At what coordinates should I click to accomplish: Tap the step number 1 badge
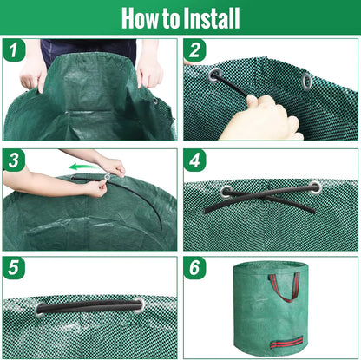14,50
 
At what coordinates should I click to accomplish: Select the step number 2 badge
196,50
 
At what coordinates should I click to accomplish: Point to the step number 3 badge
14,160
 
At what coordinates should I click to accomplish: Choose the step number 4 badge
196,160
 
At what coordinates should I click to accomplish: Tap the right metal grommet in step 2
306,82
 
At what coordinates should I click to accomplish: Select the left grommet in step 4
226,191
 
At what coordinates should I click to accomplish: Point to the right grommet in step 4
315,187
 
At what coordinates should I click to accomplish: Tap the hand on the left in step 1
33,74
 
